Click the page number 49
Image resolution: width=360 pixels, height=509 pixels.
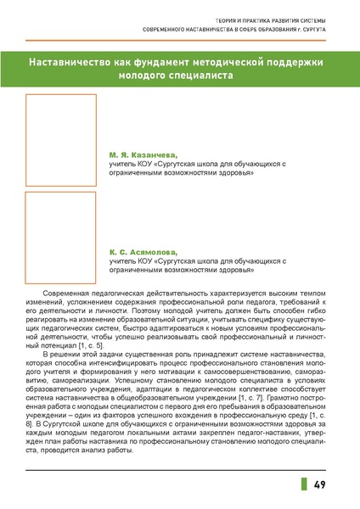pos(321,484)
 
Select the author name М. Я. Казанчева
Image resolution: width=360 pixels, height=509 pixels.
pos(143,156)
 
